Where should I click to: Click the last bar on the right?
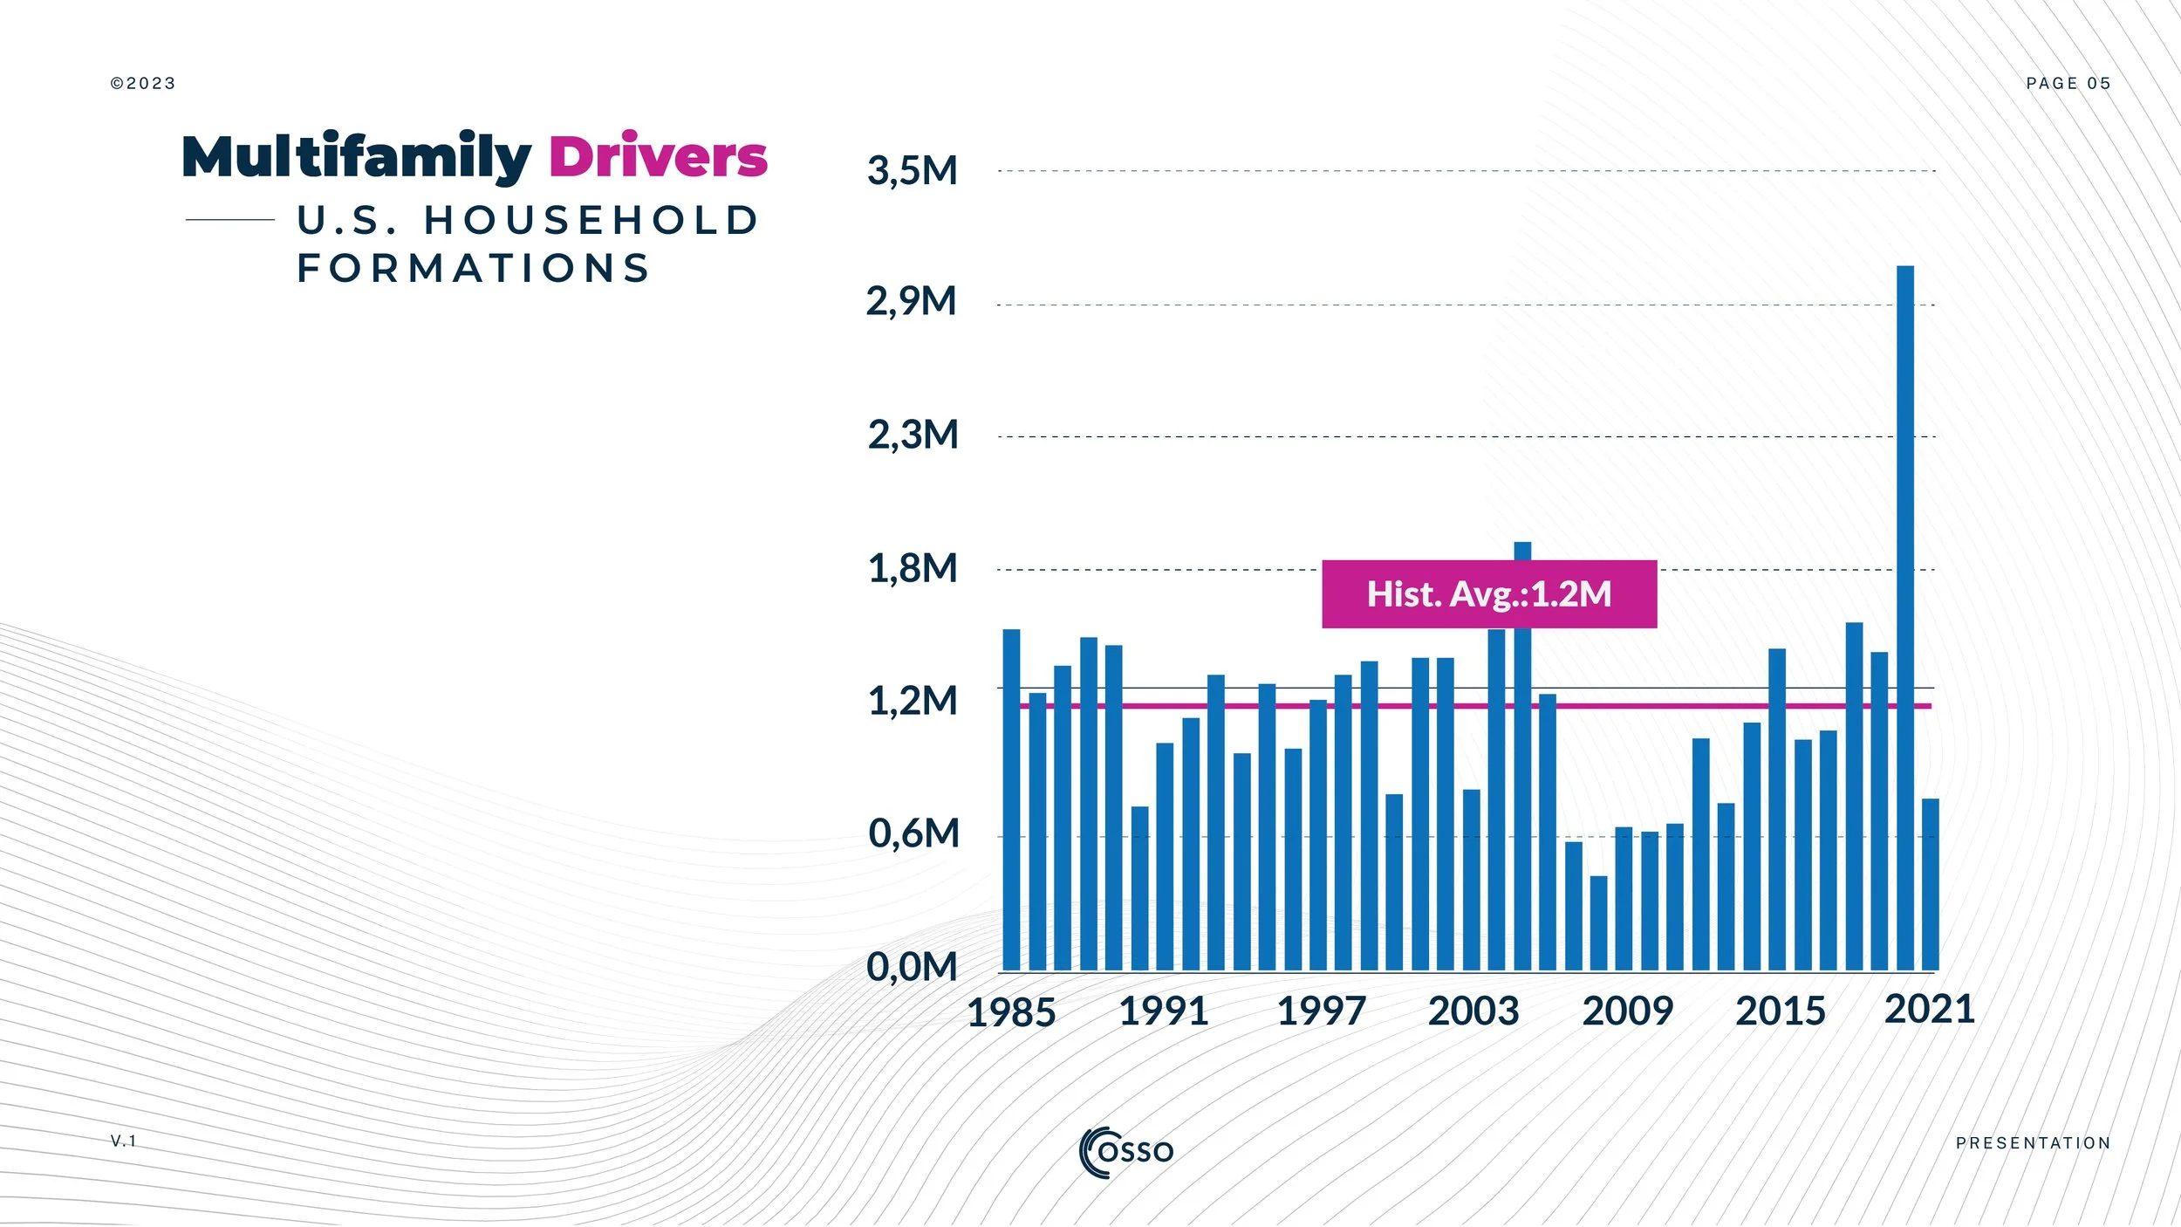pyautogui.click(x=1931, y=883)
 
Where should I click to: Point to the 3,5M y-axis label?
pyautogui.click(x=912, y=171)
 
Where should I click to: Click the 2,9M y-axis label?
pyautogui.click(x=911, y=302)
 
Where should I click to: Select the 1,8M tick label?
pyautogui.click(x=912, y=569)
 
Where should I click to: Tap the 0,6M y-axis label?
pyautogui.click(x=913, y=834)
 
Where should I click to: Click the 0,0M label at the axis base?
pyautogui.click(x=912, y=967)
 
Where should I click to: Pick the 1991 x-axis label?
pyautogui.click(x=1163, y=1012)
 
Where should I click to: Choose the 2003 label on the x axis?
pyautogui.click(x=1473, y=1012)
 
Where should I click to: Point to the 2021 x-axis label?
pyautogui.click(x=1929, y=1011)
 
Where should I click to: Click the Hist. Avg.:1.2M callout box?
pyautogui.click(x=1489, y=594)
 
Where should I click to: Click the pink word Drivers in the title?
pyautogui.click(x=658, y=157)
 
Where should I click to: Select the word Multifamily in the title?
pyautogui.click(x=356, y=159)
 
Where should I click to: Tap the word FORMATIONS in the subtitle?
pyautogui.click(x=474, y=268)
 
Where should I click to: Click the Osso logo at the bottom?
pyautogui.click(x=1126, y=1152)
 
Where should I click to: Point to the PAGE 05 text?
pyautogui.click(x=2068, y=84)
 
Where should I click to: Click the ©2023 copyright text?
pyautogui.click(x=143, y=84)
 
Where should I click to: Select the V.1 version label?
pyautogui.click(x=124, y=1141)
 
